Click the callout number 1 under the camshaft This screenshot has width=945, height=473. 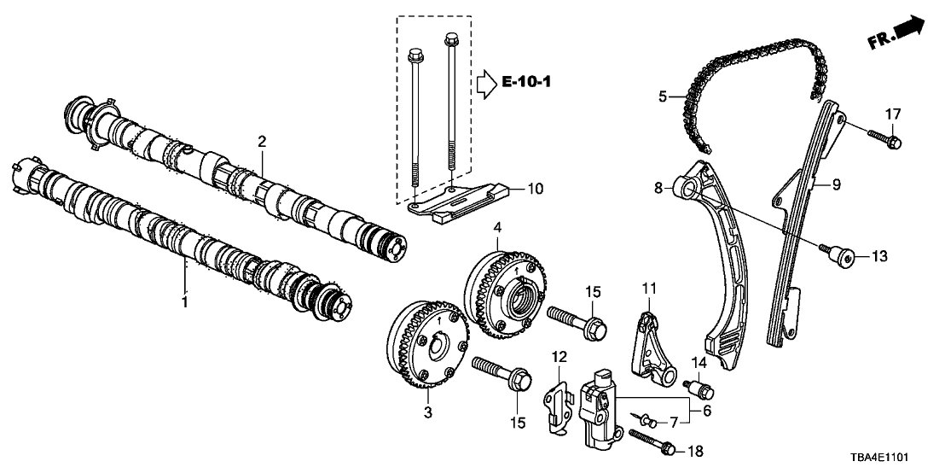(x=184, y=301)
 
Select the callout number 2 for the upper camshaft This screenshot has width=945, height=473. (x=263, y=140)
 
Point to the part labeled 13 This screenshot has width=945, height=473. (x=844, y=254)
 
